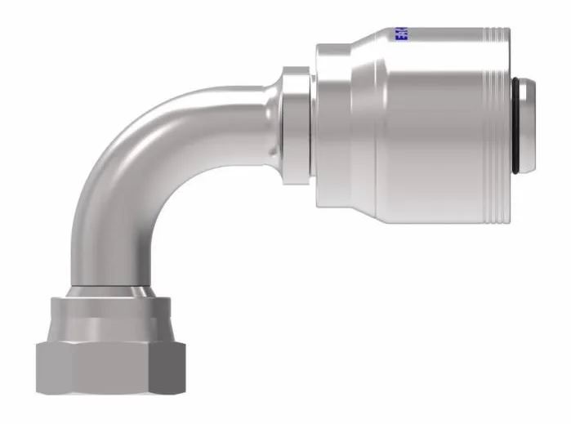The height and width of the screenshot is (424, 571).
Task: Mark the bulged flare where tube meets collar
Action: [x=265, y=118]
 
